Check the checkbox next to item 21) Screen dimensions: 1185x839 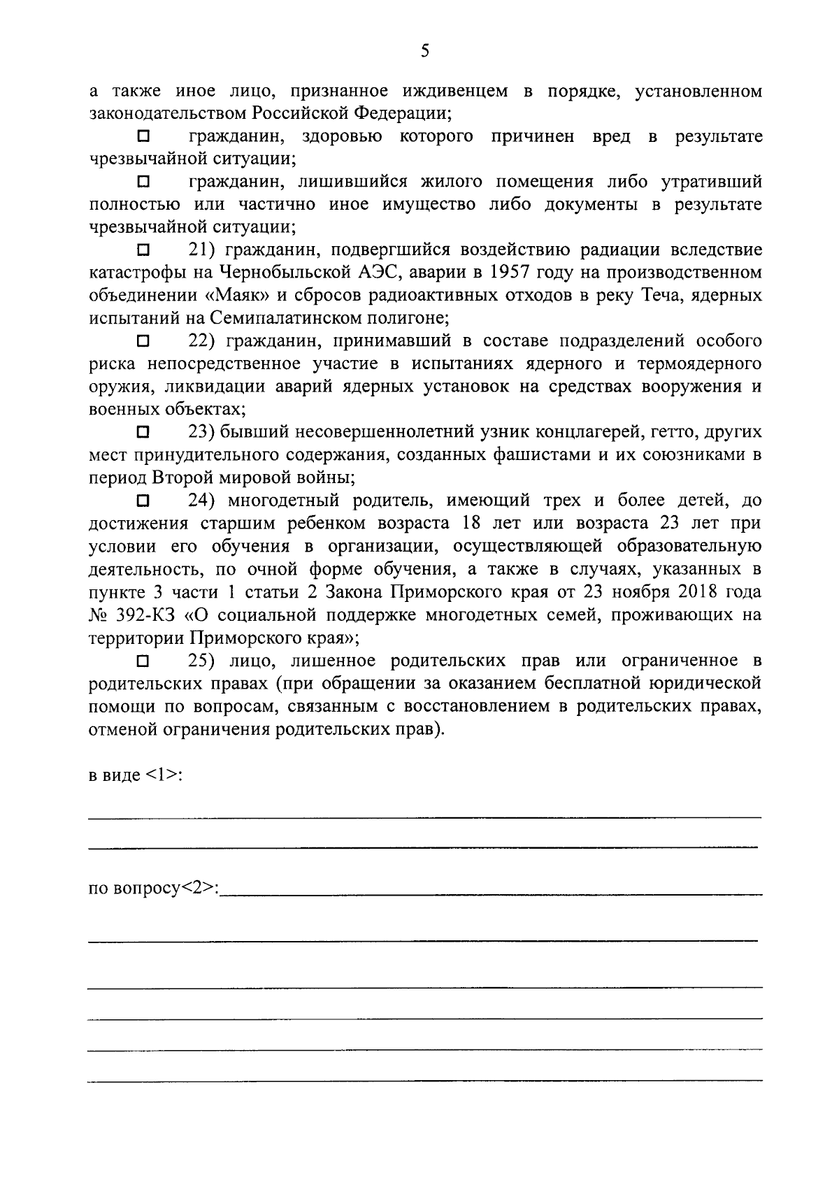click(x=143, y=250)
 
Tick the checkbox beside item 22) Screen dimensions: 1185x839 click(x=143, y=341)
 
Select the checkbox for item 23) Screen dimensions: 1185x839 click(x=143, y=433)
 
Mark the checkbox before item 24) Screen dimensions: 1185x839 click(x=143, y=501)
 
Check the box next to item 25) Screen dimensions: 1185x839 click(x=143, y=661)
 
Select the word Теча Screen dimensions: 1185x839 click(x=661, y=296)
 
